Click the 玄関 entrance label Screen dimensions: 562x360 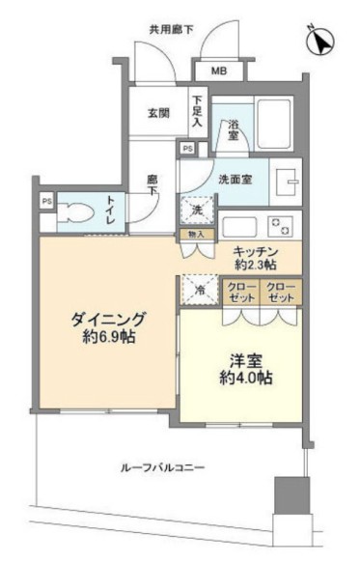pos(159,112)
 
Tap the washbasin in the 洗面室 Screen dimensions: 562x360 pos(287,183)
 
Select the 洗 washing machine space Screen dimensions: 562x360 pos(197,211)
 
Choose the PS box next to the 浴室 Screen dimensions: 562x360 pos(188,149)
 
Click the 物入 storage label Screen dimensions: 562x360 pos(194,234)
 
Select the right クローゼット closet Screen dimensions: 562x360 pos(281,292)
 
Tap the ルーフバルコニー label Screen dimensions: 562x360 pos(162,468)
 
